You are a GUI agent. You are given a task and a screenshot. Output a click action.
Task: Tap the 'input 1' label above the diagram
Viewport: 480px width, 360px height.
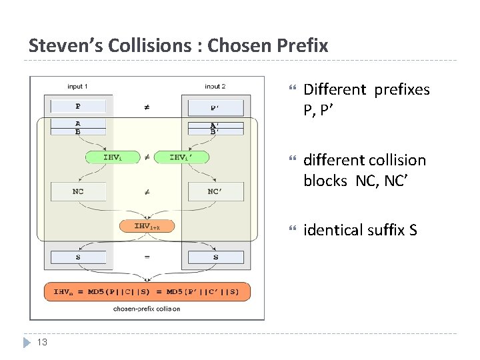tap(78, 86)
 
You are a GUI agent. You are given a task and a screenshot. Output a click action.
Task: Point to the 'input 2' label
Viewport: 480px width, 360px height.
tap(215, 86)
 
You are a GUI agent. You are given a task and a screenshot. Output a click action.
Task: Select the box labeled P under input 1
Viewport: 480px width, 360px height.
tap(78, 106)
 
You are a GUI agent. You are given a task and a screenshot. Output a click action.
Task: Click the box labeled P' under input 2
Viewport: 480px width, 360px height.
tap(215, 107)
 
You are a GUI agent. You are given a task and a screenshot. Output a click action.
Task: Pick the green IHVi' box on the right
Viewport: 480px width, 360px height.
tap(181, 157)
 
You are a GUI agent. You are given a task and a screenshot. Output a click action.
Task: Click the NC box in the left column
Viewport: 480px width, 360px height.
tap(78, 192)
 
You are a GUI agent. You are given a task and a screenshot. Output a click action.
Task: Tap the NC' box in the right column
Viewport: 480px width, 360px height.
tap(215, 192)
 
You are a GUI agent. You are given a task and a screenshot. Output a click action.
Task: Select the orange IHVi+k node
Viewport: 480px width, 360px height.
tap(147, 227)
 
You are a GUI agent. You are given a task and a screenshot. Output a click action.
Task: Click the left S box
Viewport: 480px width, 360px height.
tap(78, 257)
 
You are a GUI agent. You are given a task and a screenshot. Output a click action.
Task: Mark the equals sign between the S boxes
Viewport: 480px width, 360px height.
tap(147, 257)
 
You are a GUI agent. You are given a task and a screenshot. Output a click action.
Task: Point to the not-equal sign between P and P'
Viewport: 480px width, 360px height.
tap(147, 106)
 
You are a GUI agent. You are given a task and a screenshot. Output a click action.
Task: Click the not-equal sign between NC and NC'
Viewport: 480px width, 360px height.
tap(147, 192)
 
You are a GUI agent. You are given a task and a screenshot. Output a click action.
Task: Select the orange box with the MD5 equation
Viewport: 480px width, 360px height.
tap(147, 291)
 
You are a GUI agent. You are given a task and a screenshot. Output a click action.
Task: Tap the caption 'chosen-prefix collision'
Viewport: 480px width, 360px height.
tap(147, 309)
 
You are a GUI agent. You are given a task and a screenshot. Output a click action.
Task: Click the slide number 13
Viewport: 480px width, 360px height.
tap(42, 342)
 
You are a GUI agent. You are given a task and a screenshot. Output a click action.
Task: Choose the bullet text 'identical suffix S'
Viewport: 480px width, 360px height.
tap(360, 231)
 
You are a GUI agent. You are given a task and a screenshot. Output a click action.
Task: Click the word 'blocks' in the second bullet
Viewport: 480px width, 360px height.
tap(325, 181)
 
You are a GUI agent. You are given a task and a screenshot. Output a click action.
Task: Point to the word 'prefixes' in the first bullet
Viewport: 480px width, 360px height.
tap(402, 89)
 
